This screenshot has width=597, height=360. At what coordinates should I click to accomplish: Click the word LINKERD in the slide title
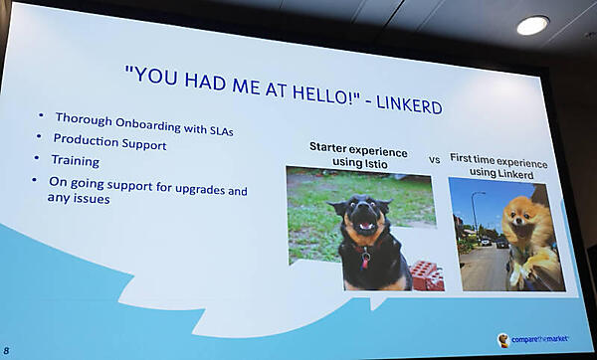409,103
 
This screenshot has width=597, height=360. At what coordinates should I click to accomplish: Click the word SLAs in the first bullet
221,130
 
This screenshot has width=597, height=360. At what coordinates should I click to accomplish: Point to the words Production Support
109,141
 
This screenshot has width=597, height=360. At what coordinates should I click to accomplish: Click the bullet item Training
76,160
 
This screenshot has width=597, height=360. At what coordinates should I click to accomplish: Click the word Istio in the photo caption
375,164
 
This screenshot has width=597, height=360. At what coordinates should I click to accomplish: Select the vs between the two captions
435,160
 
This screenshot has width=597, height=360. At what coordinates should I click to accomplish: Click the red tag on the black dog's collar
365,261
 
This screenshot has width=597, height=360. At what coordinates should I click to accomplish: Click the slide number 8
6,350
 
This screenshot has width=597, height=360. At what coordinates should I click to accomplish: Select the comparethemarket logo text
540,339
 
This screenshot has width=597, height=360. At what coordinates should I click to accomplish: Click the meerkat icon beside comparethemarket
502,340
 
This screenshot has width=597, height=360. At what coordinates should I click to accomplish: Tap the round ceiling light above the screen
532,25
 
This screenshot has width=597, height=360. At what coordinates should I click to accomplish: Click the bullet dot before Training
36,157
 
